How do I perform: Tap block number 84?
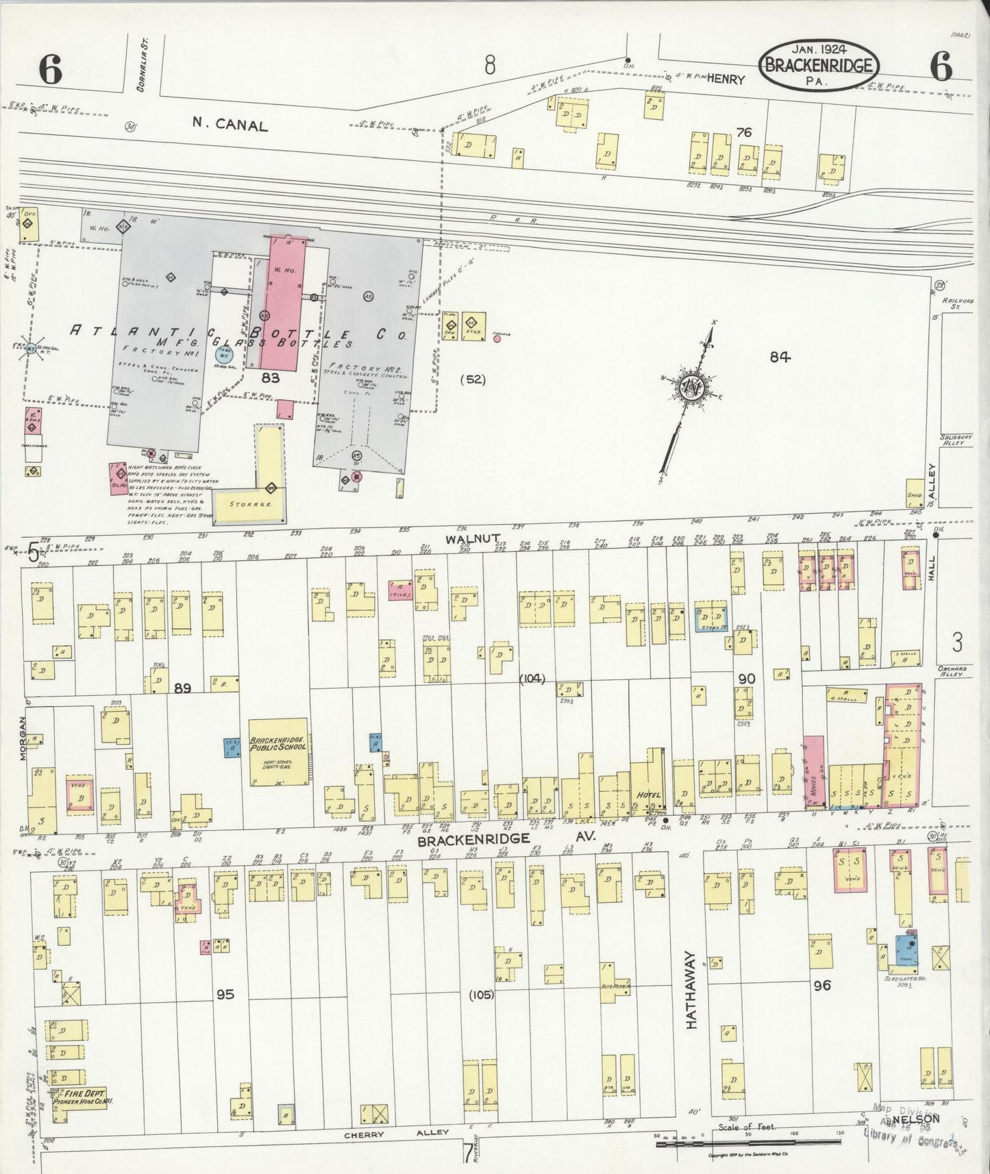(x=780, y=357)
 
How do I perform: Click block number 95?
(x=225, y=994)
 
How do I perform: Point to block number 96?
(x=822, y=986)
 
